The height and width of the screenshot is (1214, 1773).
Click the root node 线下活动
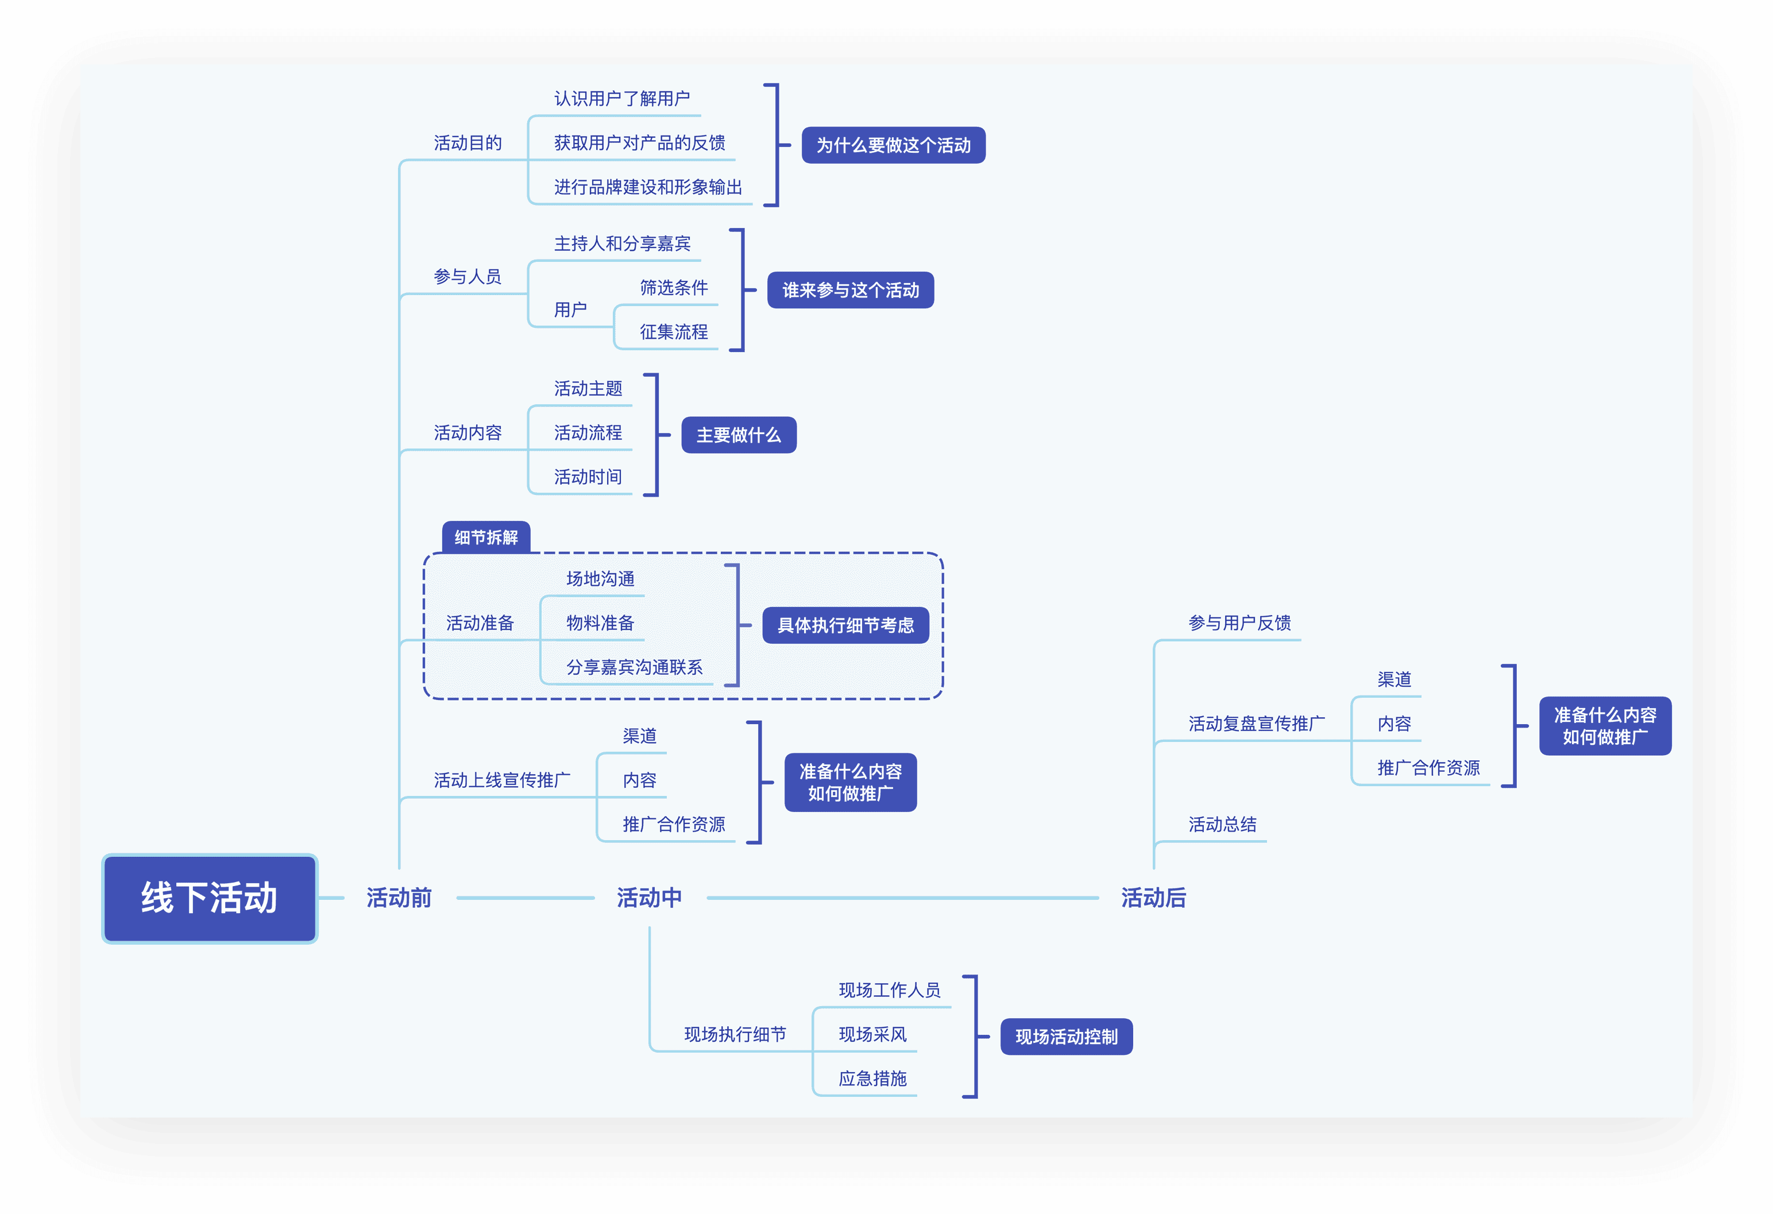click(210, 898)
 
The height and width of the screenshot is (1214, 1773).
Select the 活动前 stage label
click(399, 898)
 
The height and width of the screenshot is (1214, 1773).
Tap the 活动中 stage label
click(649, 898)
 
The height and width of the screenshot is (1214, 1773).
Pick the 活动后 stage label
click(1153, 898)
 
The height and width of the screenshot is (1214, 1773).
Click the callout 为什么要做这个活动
click(893, 145)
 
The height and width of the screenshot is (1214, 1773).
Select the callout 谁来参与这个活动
click(851, 290)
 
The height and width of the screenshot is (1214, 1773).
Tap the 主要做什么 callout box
click(739, 435)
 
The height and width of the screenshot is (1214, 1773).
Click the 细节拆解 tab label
click(486, 537)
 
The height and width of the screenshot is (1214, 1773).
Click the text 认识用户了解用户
click(622, 98)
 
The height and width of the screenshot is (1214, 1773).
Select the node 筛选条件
click(674, 288)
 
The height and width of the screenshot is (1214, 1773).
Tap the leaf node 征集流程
click(674, 332)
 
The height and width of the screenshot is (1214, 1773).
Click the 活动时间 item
click(588, 477)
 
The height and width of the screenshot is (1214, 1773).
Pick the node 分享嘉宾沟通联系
click(634, 668)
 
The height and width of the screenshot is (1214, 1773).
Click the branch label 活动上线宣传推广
click(502, 780)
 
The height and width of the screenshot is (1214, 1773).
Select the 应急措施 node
click(873, 1079)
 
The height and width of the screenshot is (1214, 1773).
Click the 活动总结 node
click(1222, 825)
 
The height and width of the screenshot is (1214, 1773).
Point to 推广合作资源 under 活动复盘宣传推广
click(1428, 768)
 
